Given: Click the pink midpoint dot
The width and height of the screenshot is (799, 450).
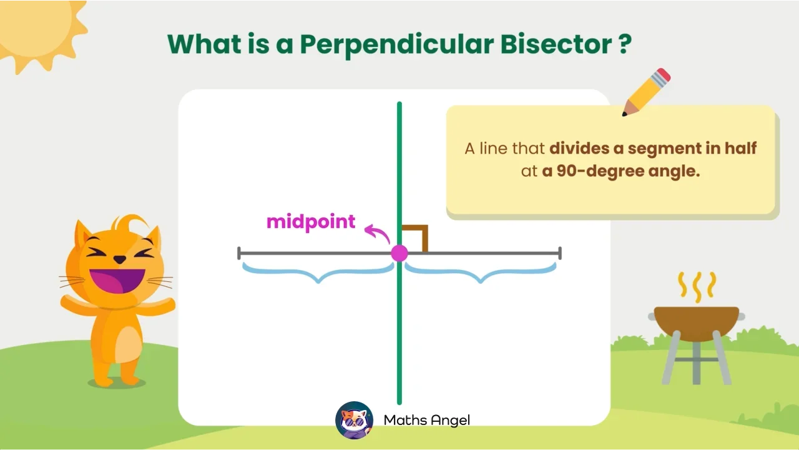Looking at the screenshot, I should tap(399, 253).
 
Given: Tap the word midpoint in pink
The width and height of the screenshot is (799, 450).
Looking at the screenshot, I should tap(310, 222).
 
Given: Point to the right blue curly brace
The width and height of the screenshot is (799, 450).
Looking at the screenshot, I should tap(480, 272).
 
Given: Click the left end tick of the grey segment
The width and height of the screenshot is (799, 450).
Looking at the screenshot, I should tap(239, 253).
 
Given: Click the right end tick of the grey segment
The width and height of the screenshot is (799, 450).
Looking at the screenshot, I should tap(560, 253).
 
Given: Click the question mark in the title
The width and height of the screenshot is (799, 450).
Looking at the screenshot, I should tap(624, 44).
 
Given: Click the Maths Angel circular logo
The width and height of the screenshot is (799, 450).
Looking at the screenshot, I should tap(354, 420).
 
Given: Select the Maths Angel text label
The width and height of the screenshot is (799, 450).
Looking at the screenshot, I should tap(426, 420).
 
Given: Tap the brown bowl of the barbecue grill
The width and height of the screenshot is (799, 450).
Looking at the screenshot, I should tap(696, 321).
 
